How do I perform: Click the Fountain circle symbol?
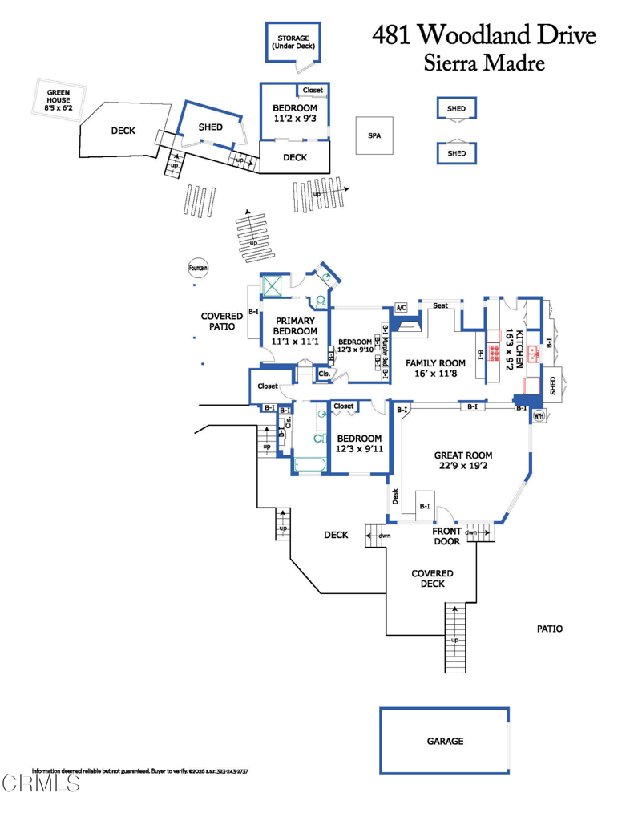coord(198,268)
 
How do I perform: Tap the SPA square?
coord(374,135)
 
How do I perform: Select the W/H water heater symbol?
coord(539,416)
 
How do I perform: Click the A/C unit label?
coord(401,307)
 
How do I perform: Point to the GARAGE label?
coord(445,741)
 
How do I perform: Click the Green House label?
coord(59,100)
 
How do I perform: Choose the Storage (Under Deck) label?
coord(293,42)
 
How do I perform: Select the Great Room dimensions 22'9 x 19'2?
coord(463,466)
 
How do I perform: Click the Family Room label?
coord(435,363)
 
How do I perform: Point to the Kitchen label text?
coord(519,350)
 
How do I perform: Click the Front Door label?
coord(446,536)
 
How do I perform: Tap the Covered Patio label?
coord(222,321)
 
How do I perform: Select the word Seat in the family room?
coord(440,305)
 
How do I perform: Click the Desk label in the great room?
coord(395,496)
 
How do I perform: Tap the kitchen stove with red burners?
coord(494,354)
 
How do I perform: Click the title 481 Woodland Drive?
coord(484,35)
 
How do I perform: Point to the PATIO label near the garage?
coord(550,629)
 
